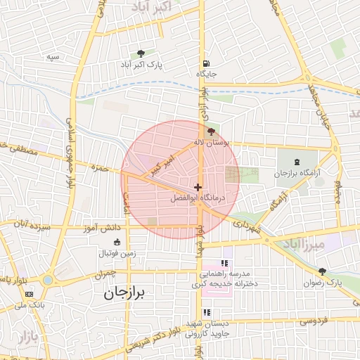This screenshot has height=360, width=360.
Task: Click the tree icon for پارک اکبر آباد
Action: [x=141, y=53]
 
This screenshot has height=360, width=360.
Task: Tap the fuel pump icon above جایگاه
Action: [x=205, y=61]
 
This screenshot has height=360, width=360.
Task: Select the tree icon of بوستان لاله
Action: [x=212, y=131]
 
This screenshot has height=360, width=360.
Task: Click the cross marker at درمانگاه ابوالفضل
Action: [x=198, y=187]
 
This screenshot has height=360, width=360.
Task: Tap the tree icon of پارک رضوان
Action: [x=323, y=271]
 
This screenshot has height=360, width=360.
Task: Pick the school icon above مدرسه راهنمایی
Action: [x=224, y=262]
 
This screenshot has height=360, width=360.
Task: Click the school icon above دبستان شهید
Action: [x=207, y=312]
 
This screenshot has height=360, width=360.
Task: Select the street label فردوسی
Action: [x=313, y=321]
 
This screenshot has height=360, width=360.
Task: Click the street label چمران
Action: [x=103, y=273]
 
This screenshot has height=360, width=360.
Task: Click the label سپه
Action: [x=53, y=56]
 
